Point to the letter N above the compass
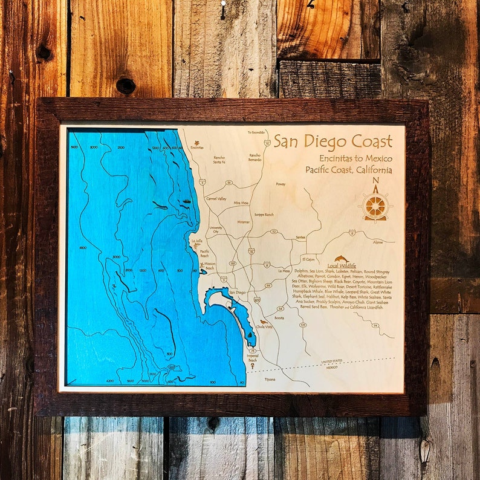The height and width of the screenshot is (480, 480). (x=375, y=180)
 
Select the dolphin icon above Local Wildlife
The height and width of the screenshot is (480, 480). (x=342, y=258)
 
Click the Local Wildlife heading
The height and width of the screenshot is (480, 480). (x=342, y=265)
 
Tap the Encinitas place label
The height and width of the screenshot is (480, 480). (x=196, y=147)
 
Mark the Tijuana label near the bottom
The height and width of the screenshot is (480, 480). (x=270, y=379)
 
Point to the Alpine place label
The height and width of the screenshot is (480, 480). (x=378, y=242)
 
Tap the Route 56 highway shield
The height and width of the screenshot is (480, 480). (x=229, y=182)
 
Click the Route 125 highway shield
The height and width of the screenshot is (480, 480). (x=302, y=325)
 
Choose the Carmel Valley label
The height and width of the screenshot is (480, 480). (x=216, y=198)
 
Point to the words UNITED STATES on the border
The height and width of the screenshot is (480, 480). (x=331, y=362)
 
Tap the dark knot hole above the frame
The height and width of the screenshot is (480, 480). (x=126, y=85)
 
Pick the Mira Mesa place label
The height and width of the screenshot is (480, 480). (x=241, y=203)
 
